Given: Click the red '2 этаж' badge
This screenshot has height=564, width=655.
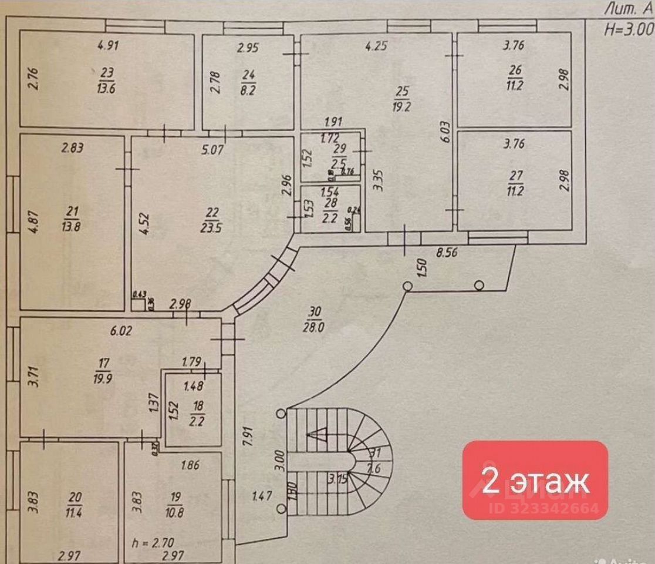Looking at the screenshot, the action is pos(535,480).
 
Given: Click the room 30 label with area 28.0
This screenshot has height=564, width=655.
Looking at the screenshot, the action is pos(313,320).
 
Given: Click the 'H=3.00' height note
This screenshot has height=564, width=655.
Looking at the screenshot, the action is pos(629,28).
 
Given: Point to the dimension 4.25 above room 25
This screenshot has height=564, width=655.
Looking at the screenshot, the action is pos(376,46).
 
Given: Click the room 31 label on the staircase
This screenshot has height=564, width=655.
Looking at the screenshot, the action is pos(375,460).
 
